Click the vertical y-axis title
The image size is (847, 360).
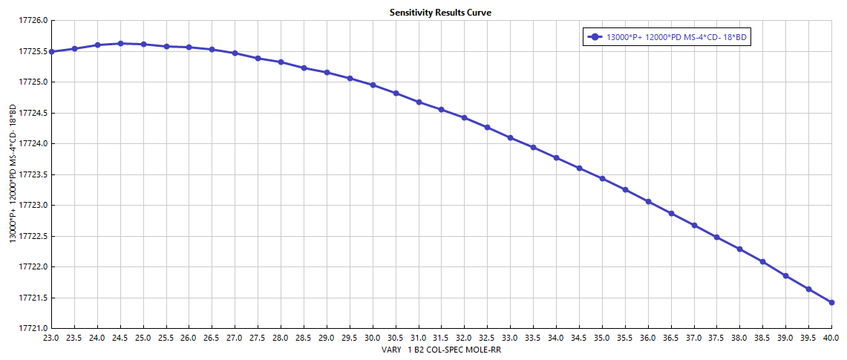pos(13,174)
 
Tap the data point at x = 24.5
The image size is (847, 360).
pos(120,44)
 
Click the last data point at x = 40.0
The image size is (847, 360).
pos(831,302)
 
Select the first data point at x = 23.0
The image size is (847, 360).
pos(51,51)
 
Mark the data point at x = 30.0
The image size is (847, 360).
pos(373,85)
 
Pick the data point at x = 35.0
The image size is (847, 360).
pos(602,178)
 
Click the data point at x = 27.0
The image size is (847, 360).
pos(235,53)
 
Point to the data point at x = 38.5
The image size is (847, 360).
pos(762,261)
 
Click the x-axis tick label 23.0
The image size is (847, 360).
pos(51,337)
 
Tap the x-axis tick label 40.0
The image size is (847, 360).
pos(831,337)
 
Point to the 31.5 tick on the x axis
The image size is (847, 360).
pos(441,337)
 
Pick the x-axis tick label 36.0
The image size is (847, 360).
pos(648,337)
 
